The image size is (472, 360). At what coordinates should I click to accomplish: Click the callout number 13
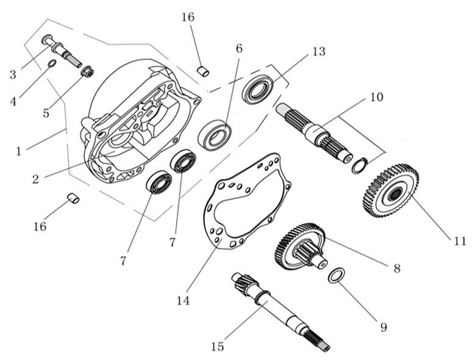pos(318,52)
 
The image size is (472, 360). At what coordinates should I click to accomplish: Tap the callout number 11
pos(459,241)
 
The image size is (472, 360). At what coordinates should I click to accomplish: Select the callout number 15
pos(218,347)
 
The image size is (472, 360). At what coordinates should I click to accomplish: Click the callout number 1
pos(19,150)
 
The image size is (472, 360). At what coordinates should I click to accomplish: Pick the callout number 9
pos(384,327)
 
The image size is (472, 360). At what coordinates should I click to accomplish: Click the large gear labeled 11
pos(391,190)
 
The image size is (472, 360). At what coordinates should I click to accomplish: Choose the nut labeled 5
pos(87,73)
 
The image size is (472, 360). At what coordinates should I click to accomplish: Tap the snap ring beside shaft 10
pos(359,165)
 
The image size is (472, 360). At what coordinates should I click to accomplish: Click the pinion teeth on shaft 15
pos(240,284)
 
